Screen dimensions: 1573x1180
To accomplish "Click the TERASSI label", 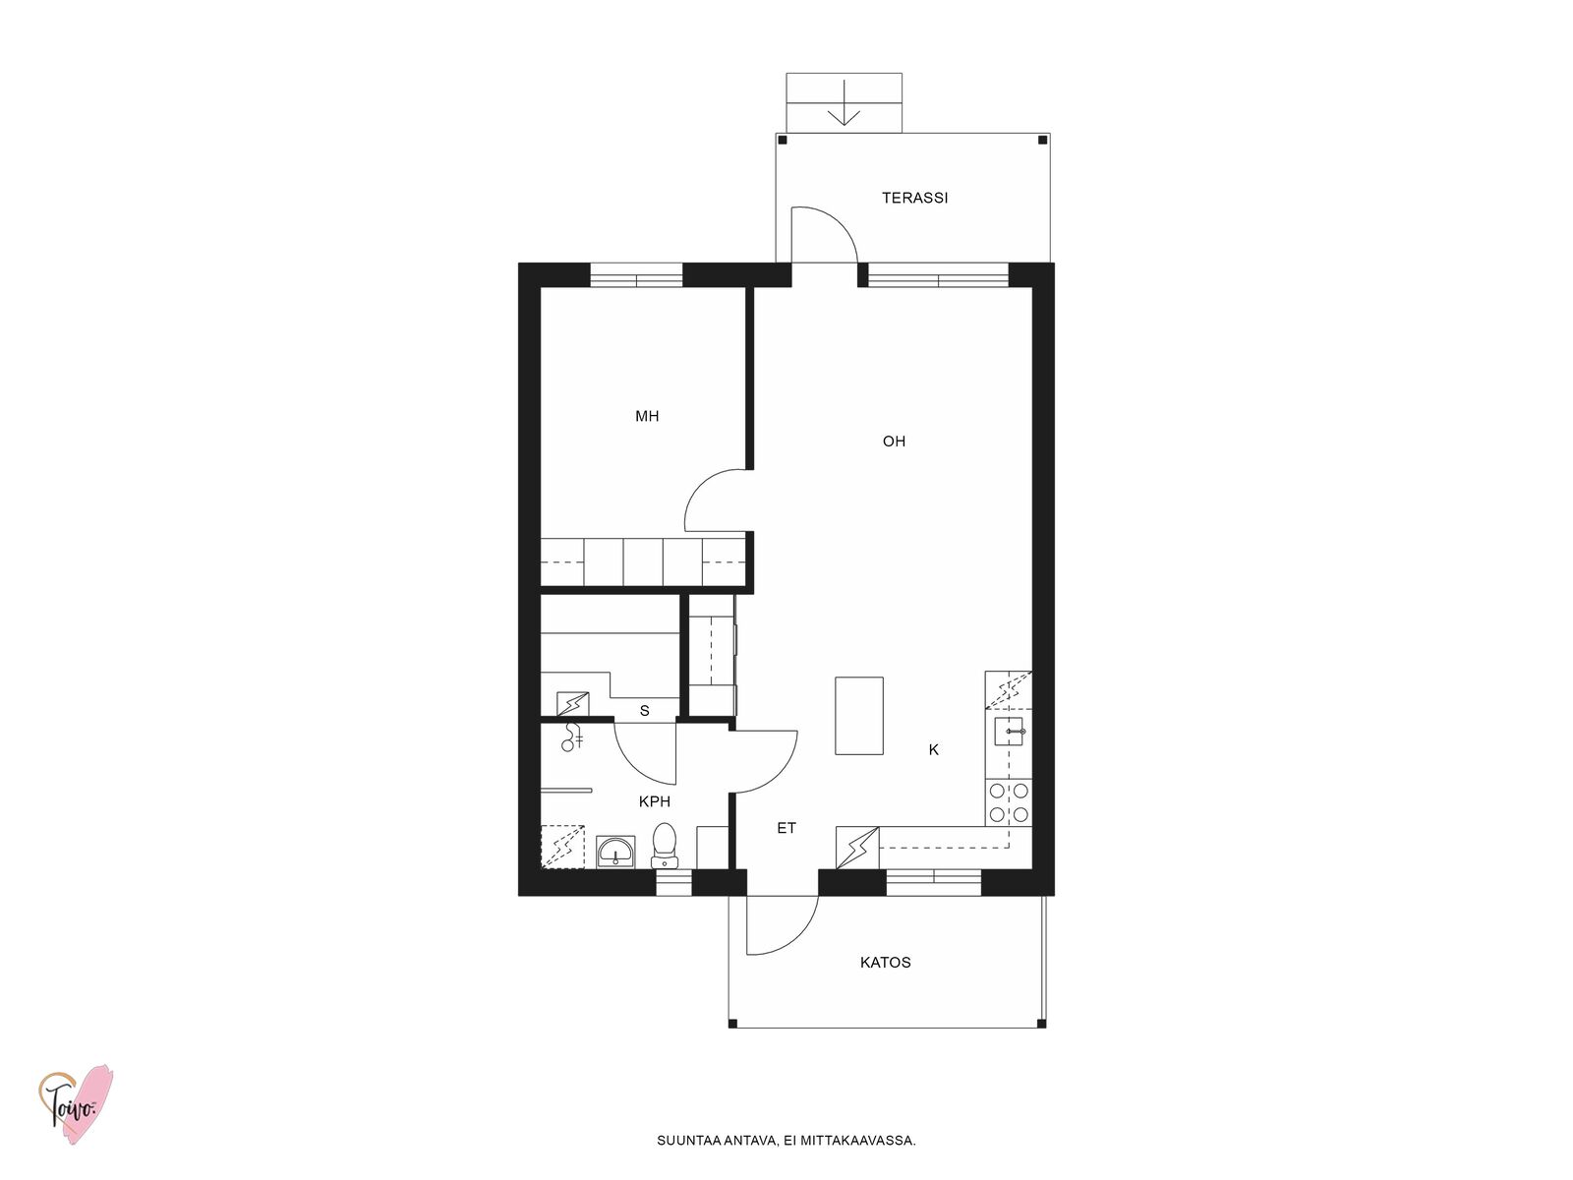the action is point(914,198).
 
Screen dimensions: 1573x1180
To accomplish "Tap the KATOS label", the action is point(885,963).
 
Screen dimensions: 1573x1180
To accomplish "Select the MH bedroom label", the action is point(647,416).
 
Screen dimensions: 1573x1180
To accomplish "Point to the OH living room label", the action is point(894,442).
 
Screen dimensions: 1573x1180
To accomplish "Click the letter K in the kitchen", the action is point(934,749).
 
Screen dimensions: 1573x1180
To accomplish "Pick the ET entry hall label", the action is point(786,828).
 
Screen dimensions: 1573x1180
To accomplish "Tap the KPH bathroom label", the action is point(655,801).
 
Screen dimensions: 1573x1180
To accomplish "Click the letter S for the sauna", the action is point(644,711).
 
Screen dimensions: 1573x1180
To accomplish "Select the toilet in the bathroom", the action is point(665,845).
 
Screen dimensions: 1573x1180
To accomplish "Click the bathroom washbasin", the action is point(615,852).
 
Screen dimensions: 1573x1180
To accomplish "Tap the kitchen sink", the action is point(1009,732).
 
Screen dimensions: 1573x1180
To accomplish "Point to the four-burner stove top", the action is point(1009,802).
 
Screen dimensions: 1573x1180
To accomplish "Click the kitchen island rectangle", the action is point(859,716).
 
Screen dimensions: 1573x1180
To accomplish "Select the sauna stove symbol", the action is point(572,703).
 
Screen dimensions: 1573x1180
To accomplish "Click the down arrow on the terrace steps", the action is point(845,103).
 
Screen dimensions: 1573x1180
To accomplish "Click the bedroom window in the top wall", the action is point(636,276).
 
